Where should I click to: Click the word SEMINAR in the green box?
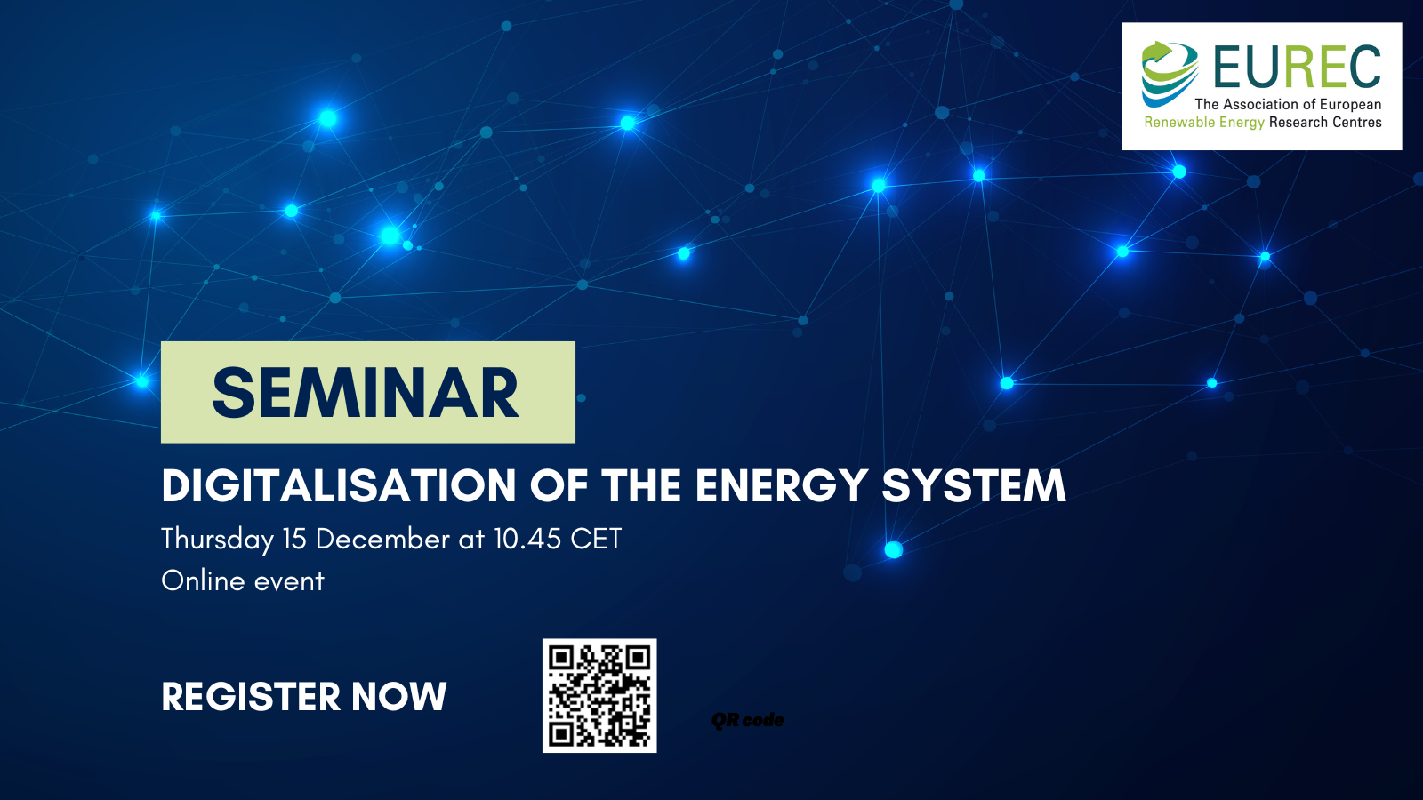tap(366, 393)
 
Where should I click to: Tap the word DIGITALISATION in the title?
tap(339, 486)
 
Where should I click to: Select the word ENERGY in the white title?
tap(781, 486)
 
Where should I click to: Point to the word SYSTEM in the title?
tap(974, 486)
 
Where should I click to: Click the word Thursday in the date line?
tap(217, 540)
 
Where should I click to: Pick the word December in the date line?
tap(382, 539)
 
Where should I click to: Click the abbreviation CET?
tap(596, 539)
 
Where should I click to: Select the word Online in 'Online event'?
tap(204, 581)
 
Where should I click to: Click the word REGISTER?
tap(251, 697)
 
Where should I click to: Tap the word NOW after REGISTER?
tap(399, 697)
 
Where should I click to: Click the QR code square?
tap(599, 696)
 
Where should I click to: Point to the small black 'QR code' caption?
tap(748, 720)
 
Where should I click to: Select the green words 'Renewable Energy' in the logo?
tap(1204, 123)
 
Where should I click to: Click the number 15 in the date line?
tap(294, 539)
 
